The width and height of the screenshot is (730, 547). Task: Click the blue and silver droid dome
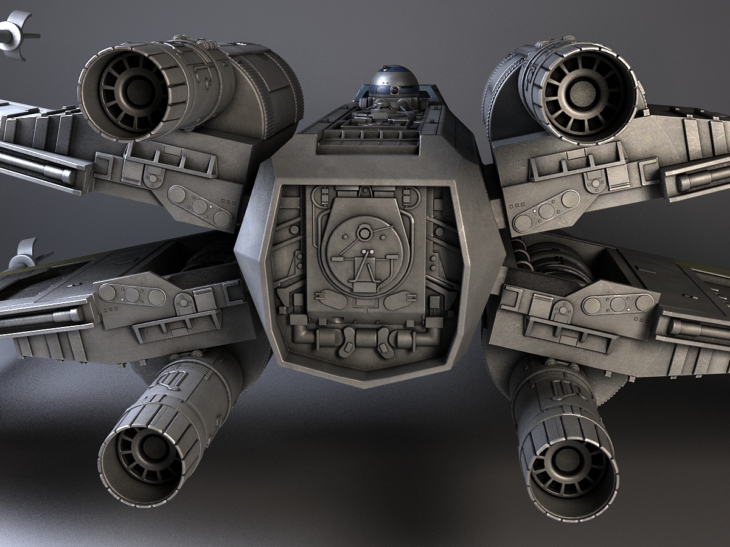[x=394, y=81]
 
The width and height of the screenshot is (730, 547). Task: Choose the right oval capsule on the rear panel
[x=399, y=300]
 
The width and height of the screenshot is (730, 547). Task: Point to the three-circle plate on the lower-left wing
[x=132, y=295]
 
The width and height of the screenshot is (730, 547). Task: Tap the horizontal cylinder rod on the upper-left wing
[x=36, y=167]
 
